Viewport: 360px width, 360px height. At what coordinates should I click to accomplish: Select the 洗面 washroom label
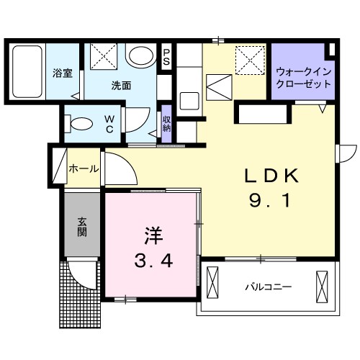pos(121,85)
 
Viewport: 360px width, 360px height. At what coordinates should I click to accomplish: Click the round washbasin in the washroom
pos(140,57)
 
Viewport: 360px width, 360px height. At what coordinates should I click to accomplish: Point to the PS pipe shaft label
pos(167,57)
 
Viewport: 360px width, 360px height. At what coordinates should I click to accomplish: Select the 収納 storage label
pos(167,124)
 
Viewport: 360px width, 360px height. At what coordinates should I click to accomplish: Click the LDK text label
pos(269,176)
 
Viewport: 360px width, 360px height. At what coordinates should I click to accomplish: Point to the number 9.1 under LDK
pos(270,202)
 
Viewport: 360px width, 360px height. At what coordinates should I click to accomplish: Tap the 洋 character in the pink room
pos(152,234)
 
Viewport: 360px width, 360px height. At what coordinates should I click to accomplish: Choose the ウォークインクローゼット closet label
pos(304,77)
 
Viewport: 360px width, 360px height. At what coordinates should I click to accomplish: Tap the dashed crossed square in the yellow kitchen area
pos(249,58)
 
